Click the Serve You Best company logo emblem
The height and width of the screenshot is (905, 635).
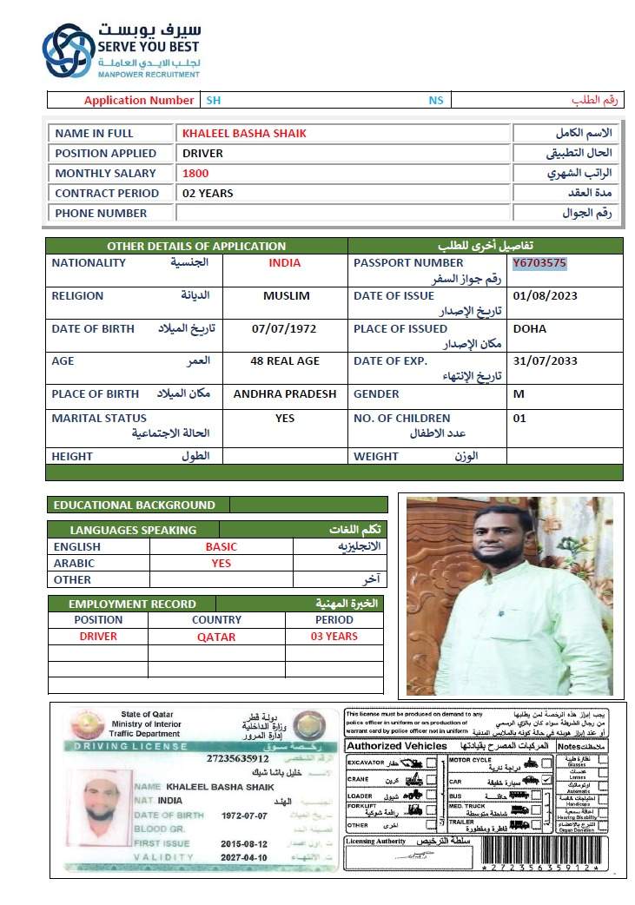coord(69,50)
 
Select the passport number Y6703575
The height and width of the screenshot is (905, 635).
coord(539,262)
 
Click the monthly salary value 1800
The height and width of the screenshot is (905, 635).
coord(195,173)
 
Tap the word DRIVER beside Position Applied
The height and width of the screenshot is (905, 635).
coord(202,153)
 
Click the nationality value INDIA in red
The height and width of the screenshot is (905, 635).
coord(285,262)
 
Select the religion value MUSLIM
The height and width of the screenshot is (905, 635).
coord(286,295)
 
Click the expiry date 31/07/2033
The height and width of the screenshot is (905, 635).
coord(545,361)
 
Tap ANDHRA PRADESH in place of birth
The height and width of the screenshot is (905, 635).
coord(285,393)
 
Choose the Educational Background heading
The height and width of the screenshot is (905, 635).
coord(135,505)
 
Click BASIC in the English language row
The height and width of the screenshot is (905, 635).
coord(221,546)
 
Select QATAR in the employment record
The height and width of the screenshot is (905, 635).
coord(216,636)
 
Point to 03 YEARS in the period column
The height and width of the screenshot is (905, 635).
coord(334,636)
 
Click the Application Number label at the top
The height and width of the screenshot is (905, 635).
coord(139,100)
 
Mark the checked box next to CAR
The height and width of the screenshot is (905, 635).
coord(546,780)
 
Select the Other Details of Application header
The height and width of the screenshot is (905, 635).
coord(196,246)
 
